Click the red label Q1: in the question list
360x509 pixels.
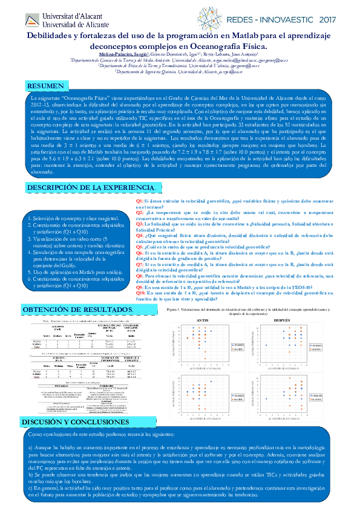pos(140,201)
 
